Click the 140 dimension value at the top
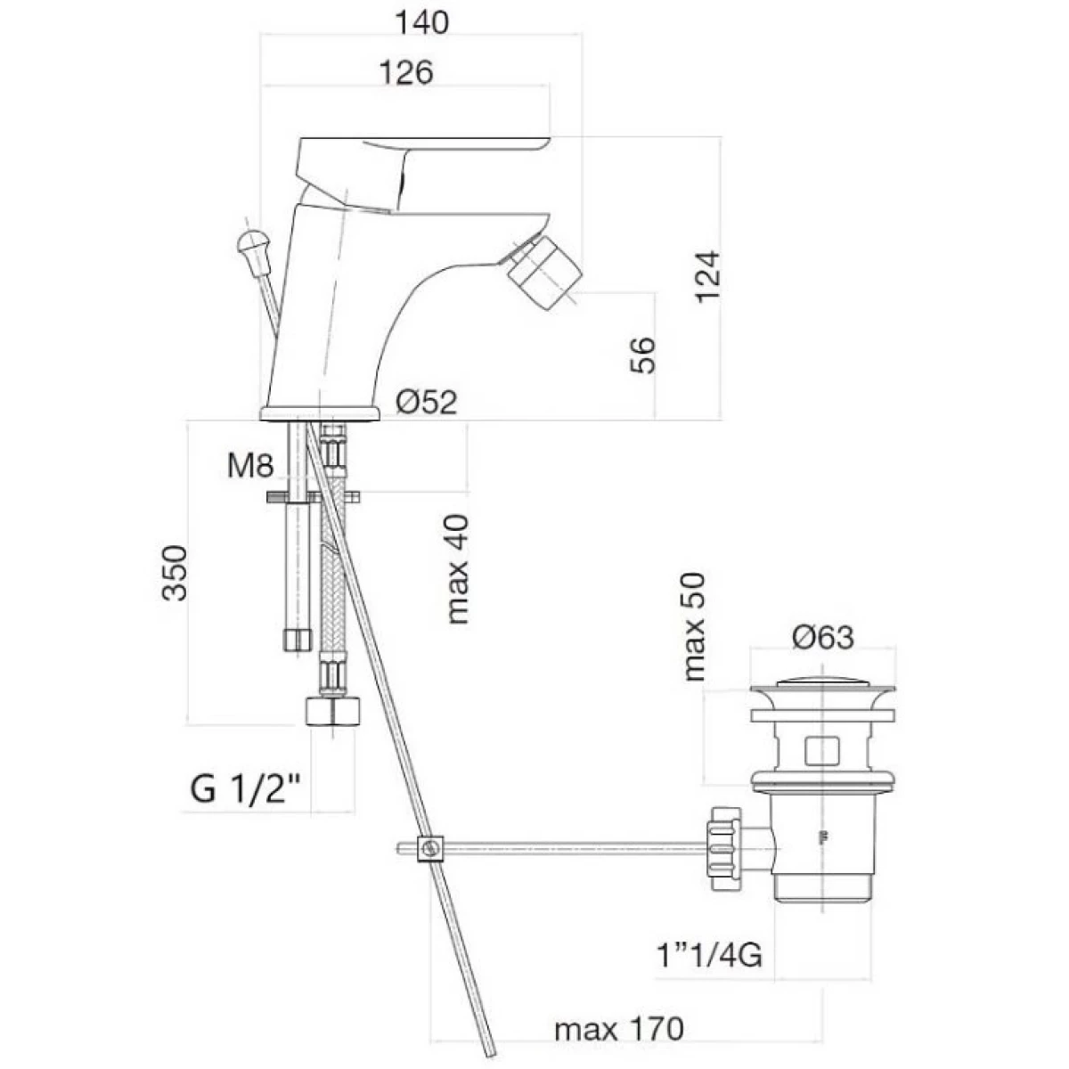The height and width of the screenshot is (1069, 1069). tap(421, 23)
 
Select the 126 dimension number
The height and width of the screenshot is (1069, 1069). tap(406, 73)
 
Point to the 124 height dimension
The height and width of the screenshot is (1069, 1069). tap(708, 276)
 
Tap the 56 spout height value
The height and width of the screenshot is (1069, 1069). tap(642, 355)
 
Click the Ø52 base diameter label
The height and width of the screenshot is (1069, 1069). tap(427, 402)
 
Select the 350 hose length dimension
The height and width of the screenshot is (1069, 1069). tap(175, 573)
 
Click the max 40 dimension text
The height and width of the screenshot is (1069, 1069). tap(457, 570)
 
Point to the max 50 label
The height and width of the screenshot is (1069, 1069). tap(694, 627)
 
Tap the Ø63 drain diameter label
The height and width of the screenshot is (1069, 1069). tap(823, 637)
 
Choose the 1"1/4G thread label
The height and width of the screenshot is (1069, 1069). tap(709, 955)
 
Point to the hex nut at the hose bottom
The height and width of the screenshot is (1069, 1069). tap(332, 711)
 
